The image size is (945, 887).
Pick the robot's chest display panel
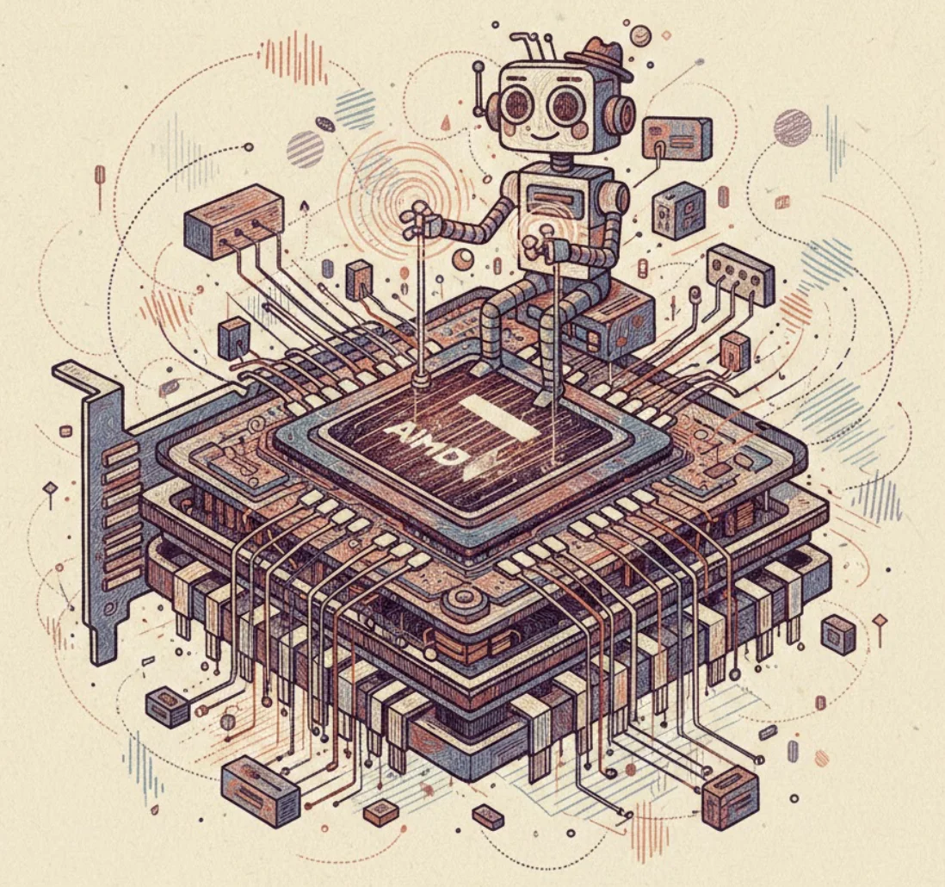click(552, 198)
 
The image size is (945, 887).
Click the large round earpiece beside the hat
click(621, 114)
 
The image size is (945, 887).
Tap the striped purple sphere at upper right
click(793, 127)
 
